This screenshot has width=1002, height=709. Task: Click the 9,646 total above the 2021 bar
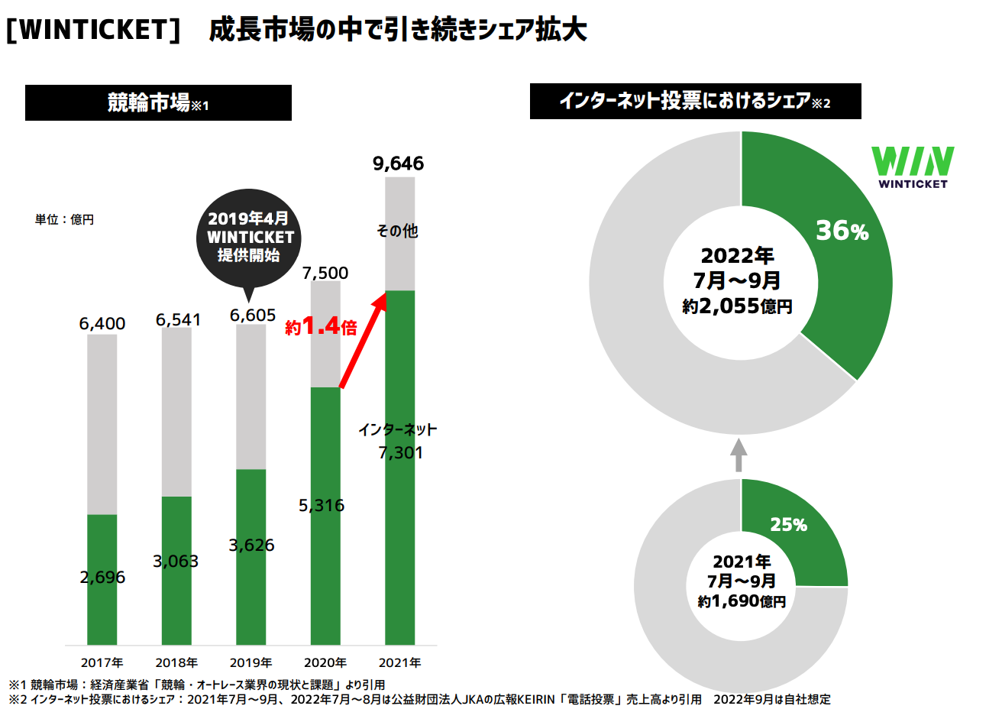(x=398, y=163)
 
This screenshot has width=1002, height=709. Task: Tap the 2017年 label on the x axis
(x=102, y=662)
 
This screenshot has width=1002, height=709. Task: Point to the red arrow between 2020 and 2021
(x=362, y=342)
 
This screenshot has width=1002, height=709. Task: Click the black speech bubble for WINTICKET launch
(x=250, y=238)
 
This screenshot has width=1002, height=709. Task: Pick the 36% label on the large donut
(x=842, y=231)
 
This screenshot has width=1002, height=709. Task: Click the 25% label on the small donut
(x=788, y=525)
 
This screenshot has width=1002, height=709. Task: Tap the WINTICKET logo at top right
(x=913, y=167)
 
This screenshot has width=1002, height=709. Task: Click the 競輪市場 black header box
(x=158, y=102)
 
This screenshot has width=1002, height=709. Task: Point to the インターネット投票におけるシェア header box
(x=695, y=101)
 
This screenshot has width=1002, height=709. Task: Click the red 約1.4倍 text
(x=321, y=327)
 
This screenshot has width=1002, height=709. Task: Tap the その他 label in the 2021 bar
(x=398, y=231)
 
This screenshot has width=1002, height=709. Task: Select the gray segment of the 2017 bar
(x=102, y=424)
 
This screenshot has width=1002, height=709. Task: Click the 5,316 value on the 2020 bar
(x=322, y=505)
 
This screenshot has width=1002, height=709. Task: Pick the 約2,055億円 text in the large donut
(x=737, y=306)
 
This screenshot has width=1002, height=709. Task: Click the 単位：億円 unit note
(x=64, y=219)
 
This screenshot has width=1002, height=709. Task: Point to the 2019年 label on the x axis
(x=250, y=662)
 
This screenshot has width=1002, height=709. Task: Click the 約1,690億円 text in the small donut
(x=741, y=601)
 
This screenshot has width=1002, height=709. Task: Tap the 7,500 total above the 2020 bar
(x=325, y=273)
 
